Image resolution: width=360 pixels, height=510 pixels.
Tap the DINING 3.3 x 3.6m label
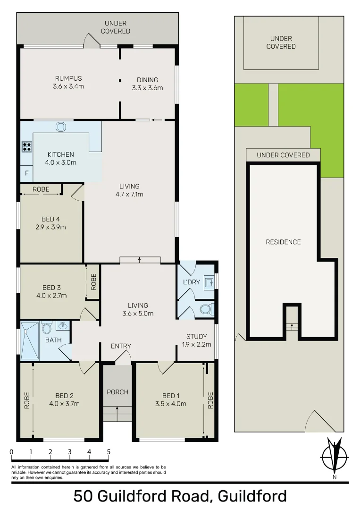pos(147,84)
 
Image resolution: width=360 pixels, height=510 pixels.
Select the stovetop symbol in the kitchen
pos(27,146)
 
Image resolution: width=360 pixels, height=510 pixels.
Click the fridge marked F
pos(26,173)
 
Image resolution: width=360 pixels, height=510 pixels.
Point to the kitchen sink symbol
pos(61,127)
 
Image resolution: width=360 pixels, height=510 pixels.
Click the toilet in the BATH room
pos(46,327)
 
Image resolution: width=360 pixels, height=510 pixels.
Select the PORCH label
pos(117,392)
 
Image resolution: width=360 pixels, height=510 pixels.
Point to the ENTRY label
pos(121,346)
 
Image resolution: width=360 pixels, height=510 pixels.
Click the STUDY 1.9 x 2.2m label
pos(196,340)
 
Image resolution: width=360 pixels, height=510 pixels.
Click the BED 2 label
pos(64,399)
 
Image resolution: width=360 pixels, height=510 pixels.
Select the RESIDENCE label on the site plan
pos(283,242)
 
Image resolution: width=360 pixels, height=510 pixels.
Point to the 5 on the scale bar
pos(109,452)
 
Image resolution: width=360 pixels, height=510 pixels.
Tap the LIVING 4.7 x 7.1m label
pos(130,190)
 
